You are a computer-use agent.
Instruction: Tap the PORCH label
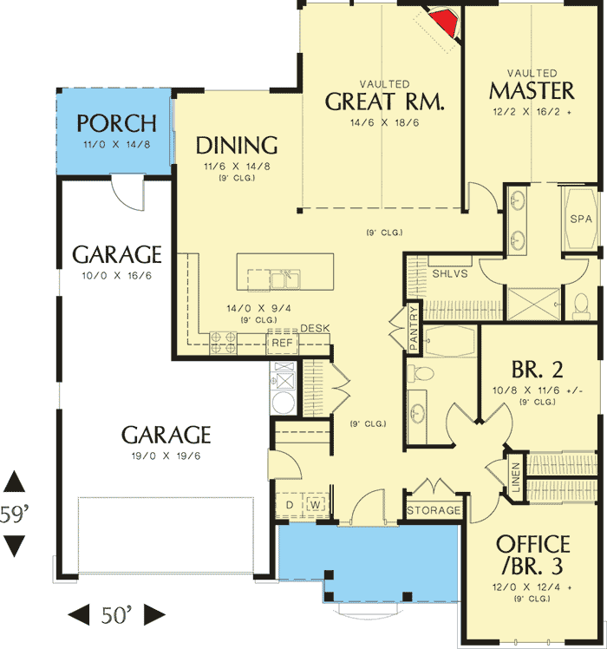[x=116, y=123]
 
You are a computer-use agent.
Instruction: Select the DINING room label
[x=236, y=145]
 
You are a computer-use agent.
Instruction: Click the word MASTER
[x=532, y=90]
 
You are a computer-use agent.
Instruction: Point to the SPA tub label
[x=580, y=219]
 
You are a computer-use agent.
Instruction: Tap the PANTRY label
[x=414, y=327]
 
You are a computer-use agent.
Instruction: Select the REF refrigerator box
[x=282, y=343]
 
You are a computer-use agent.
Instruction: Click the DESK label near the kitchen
[x=314, y=328]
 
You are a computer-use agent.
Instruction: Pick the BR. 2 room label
[x=535, y=370]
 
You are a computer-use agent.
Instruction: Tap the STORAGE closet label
[x=434, y=510]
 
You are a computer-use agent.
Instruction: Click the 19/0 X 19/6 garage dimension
[x=166, y=456]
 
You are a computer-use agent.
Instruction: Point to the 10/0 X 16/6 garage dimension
[x=116, y=277]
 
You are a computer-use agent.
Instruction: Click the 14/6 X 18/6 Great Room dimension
[x=384, y=123]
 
